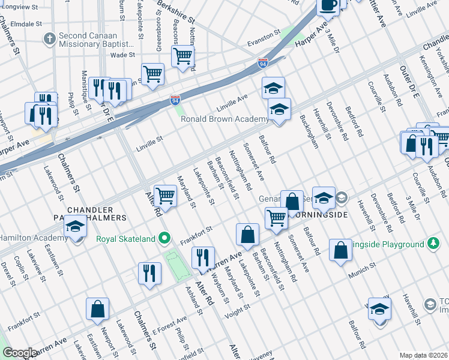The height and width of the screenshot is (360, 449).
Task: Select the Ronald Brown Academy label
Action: tap(224, 119)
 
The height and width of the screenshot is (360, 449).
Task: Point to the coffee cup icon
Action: tap(328, 5)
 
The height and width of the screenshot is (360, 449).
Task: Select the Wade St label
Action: tap(122, 55)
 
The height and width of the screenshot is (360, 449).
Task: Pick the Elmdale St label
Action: tap(21, 25)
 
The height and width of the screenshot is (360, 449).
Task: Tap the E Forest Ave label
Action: tap(169, 327)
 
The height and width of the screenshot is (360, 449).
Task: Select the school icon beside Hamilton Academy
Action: tap(76, 227)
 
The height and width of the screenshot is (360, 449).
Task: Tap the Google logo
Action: tap(19, 353)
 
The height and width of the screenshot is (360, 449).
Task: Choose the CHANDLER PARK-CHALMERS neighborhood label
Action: tap(97, 213)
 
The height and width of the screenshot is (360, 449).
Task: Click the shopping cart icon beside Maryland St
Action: tap(165, 195)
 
